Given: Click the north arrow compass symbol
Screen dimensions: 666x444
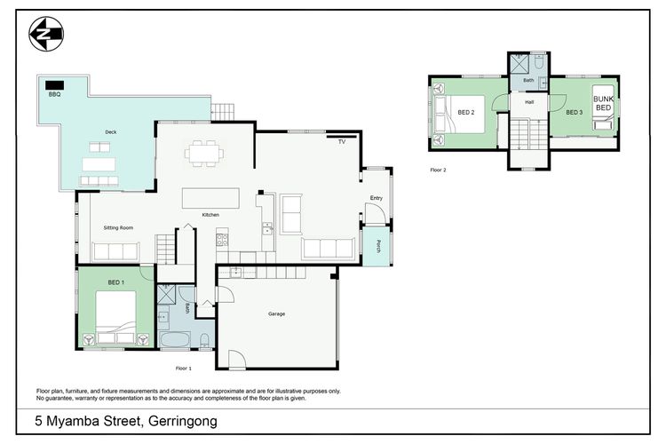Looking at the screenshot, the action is pyautogui.click(x=46, y=34).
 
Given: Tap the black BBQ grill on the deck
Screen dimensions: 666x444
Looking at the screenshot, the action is pyautogui.click(x=55, y=85).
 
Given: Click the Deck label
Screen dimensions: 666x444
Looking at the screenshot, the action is pyautogui.click(x=111, y=132).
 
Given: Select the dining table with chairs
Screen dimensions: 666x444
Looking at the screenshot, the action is pyautogui.click(x=204, y=153).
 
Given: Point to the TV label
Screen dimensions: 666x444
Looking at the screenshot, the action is pyautogui.click(x=342, y=142).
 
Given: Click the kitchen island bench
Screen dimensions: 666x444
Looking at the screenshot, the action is pyautogui.click(x=210, y=198).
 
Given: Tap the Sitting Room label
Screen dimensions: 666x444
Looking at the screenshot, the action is pyautogui.click(x=118, y=227).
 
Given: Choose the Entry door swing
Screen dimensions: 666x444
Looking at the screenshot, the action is pyautogui.click(x=375, y=213).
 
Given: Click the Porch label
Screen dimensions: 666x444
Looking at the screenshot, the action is pyautogui.click(x=378, y=247).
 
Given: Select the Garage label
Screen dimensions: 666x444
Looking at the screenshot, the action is pyautogui.click(x=276, y=314).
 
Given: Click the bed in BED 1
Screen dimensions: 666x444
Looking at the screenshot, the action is pyautogui.click(x=115, y=317).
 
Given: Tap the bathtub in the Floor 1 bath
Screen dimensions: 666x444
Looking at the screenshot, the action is pyautogui.click(x=175, y=340).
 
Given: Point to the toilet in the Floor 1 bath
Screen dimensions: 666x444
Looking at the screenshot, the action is pyautogui.click(x=204, y=341).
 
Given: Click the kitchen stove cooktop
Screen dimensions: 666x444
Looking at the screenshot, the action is pyautogui.click(x=222, y=240).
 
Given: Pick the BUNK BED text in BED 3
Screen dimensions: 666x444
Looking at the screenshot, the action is pyautogui.click(x=603, y=103).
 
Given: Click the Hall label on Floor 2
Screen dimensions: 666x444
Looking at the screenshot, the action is pyautogui.click(x=529, y=102).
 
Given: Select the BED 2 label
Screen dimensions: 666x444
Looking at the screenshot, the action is pyautogui.click(x=466, y=113).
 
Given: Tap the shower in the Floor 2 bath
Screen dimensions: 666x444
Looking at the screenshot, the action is pyautogui.click(x=519, y=64).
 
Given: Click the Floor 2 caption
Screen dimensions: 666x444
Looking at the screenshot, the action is pyautogui.click(x=439, y=170).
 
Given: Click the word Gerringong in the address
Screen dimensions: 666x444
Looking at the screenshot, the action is pyautogui.click(x=183, y=422).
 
